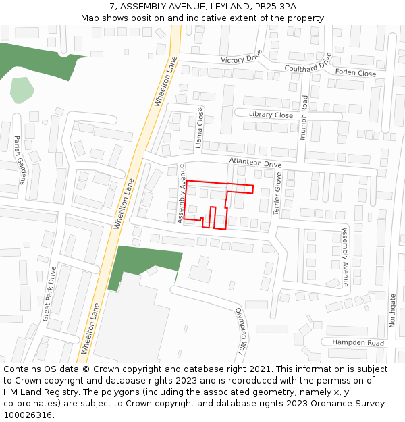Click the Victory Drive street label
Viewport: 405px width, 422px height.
point(241,59)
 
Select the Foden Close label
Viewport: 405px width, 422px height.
point(356,73)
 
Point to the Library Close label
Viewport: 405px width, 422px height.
point(271,115)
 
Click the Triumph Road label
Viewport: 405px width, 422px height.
point(304,117)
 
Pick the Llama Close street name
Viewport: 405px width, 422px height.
point(199,128)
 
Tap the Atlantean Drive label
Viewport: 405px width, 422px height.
point(255,163)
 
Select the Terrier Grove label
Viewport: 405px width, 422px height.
point(277,194)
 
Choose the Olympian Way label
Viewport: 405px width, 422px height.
point(240,332)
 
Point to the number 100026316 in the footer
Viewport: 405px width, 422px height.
point(28,415)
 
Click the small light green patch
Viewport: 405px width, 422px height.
point(22,90)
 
